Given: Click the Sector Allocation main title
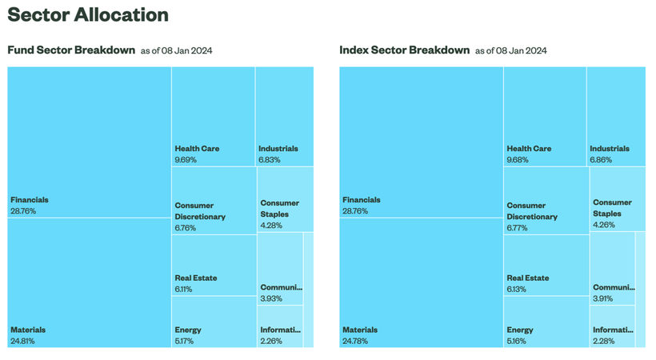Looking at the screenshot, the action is click(88, 14).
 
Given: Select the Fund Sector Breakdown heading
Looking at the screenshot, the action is click(71, 50).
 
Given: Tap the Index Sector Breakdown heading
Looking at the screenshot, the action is click(405, 50).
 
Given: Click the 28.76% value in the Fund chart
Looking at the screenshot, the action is click(23, 211).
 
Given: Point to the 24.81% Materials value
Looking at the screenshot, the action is click(22, 341).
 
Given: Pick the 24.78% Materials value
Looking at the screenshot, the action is click(355, 341).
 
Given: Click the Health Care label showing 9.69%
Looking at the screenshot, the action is click(197, 149).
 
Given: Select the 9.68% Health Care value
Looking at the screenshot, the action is click(518, 160).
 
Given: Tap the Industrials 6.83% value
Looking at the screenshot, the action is click(270, 160).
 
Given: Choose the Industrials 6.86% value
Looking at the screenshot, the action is click(601, 160).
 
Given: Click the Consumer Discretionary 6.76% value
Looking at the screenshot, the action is click(186, 228).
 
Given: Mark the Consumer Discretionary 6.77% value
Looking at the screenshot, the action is click(517, 228).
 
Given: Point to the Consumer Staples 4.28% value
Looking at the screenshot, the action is click(271, 226).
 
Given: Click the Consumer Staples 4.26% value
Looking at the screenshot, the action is click(604, 225).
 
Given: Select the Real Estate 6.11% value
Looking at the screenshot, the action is click(183, 290).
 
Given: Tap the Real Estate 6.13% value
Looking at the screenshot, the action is click(517, 290).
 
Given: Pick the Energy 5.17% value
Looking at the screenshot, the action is click(184, 341).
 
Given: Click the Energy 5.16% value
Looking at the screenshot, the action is click(517, 341).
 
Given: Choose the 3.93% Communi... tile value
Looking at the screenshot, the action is click(271, 299).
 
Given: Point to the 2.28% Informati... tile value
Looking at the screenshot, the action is click(604, 341).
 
